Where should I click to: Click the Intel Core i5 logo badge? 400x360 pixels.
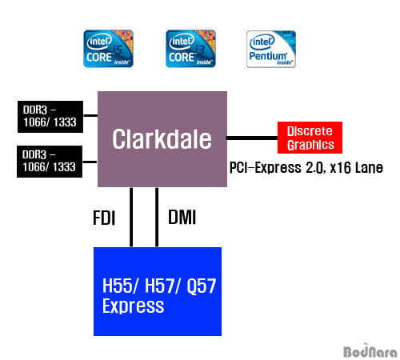click(108, 49)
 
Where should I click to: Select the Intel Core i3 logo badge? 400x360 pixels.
click(190, 49)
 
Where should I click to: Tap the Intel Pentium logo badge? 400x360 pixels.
click(271, 49)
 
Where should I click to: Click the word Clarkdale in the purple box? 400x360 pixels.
click(162, 139)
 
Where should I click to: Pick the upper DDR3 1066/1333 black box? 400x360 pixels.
click(50, 117)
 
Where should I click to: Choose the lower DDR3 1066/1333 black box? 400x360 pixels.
click(50, 162)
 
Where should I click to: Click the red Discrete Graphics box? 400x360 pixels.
click(310, 138)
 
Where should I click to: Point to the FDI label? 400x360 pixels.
click(104, 218)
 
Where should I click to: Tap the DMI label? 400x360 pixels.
click(182, 217)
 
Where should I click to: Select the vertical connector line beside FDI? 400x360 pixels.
click(131, 217)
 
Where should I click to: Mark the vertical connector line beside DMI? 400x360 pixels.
click(157, 217)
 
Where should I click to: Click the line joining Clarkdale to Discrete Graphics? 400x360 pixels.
click(252, 138)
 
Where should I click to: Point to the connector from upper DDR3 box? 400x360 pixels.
click(90, 115)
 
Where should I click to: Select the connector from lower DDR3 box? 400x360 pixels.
click(90, 162)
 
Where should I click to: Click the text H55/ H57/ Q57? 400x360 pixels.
click(159, 286)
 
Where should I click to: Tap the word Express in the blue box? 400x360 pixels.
click(134, 306)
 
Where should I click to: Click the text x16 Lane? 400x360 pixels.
click(357, 168)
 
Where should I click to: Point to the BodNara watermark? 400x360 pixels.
click(370, 350)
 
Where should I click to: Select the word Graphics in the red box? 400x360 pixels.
click(310, 145)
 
